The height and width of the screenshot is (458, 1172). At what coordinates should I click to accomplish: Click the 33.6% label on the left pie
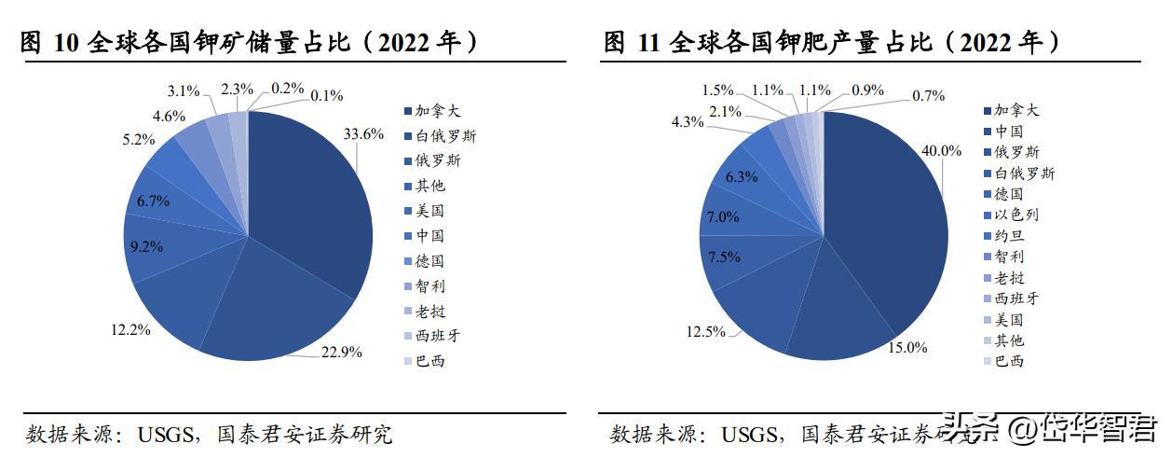[364, 133]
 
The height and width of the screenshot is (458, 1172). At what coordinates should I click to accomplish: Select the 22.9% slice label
[341, 352]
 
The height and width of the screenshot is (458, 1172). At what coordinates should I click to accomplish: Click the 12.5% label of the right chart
[706, 331]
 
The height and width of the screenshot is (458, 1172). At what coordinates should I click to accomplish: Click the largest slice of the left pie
[307, 205]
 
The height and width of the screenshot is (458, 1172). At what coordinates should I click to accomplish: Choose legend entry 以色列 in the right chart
[1016, 215]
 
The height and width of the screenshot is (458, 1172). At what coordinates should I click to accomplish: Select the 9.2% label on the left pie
[145, 246]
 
